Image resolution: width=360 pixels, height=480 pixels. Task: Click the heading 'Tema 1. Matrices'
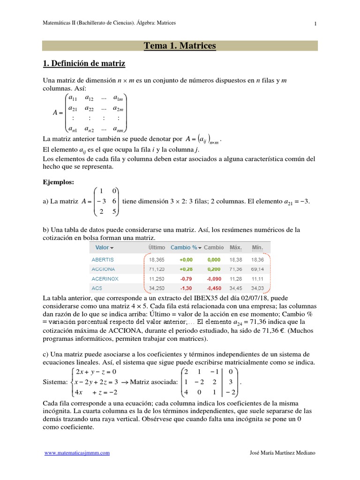point(180,45)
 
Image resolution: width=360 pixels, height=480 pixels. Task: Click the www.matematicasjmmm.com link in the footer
point(77,453)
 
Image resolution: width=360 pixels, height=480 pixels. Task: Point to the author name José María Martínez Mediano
point(283,453)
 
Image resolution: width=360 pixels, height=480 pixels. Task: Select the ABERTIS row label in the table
point(103,259)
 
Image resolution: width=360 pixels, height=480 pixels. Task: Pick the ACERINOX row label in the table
point(105,278)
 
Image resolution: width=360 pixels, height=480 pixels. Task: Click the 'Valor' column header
point(102,247)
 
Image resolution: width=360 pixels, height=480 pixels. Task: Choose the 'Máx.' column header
point(236,247)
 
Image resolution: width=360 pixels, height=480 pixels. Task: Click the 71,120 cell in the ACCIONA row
point(157,269)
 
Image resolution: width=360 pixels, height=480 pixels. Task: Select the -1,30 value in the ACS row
point(186,288)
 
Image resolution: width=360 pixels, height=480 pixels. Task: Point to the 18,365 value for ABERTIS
point(157,259)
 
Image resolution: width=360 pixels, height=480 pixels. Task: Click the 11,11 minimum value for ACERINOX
point(258,278)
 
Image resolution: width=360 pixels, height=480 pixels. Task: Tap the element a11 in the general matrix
point(73,98)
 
